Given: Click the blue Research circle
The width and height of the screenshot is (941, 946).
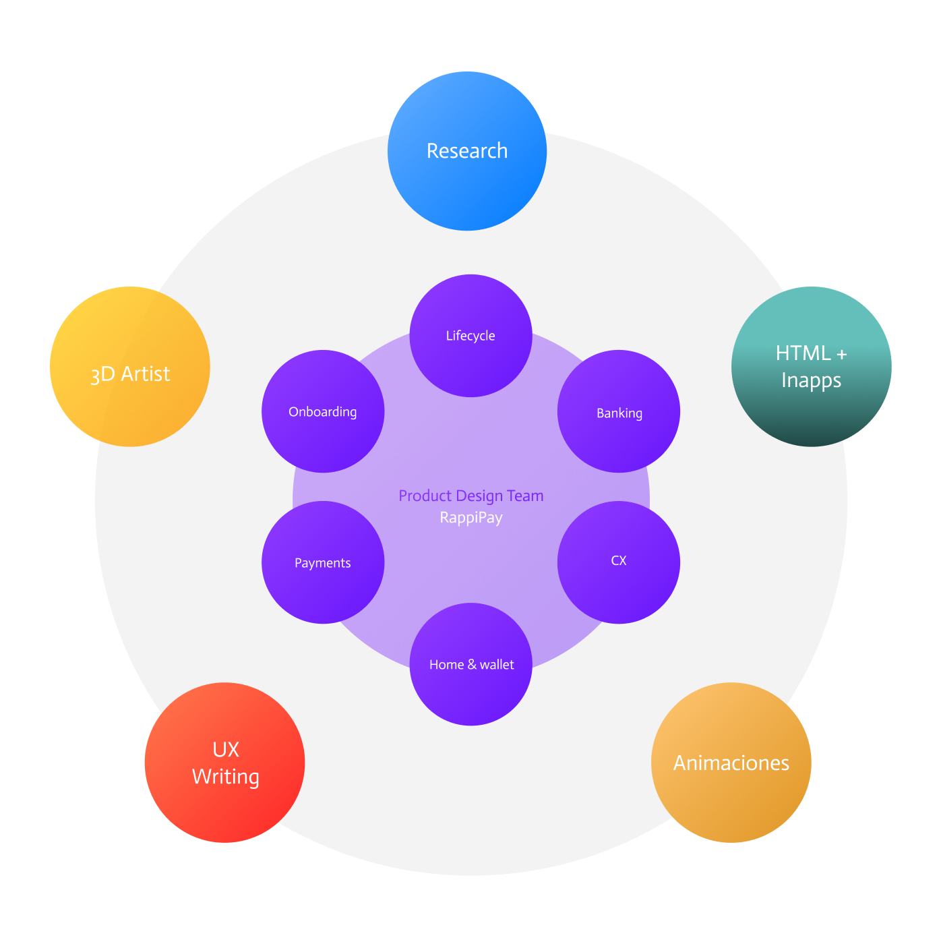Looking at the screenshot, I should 467,151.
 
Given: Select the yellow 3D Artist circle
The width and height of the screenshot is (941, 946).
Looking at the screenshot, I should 130,367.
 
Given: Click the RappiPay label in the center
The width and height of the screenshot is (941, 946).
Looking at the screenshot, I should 471,518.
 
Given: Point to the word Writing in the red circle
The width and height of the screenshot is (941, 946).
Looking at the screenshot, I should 225,777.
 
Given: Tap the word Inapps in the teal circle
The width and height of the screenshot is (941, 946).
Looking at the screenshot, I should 811,380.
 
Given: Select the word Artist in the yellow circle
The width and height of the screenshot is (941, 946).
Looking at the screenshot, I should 146,374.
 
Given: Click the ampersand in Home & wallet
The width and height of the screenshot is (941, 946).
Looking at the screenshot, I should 472,665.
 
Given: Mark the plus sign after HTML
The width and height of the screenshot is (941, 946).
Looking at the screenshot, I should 841,354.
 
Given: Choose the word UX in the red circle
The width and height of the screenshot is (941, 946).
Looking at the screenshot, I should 226,750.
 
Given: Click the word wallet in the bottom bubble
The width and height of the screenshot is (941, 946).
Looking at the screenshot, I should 497,665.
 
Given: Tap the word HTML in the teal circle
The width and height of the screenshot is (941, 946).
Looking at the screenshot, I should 803,353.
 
